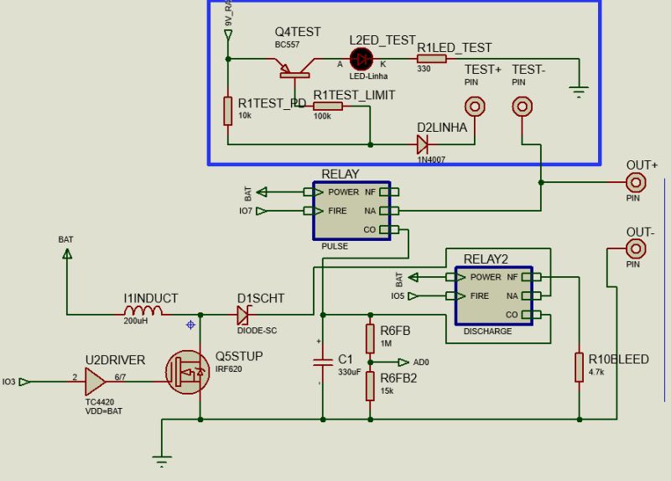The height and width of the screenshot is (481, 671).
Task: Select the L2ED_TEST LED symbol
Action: point(362,59)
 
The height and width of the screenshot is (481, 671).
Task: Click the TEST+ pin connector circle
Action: point(476,107)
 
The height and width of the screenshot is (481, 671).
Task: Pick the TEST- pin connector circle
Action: point(523,107)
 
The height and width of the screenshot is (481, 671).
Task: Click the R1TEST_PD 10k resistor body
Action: point(227,111)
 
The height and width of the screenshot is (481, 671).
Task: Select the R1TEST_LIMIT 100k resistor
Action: point(328,107)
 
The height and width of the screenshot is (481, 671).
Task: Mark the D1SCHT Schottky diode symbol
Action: point(244,315)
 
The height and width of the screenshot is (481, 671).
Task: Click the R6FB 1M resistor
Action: point(370,338)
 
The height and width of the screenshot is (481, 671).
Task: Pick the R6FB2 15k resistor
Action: point(370,386)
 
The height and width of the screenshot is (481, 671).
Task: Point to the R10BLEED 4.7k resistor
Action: point(579,368)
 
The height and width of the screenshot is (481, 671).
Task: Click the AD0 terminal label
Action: point(421,363)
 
